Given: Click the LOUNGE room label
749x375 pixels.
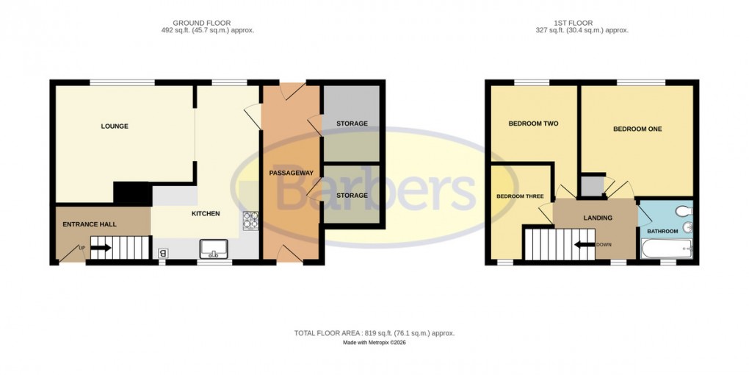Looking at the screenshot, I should coord(115,126).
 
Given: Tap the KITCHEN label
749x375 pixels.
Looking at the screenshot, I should coord(206,214).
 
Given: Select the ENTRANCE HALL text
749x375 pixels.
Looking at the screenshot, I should coord(89,224).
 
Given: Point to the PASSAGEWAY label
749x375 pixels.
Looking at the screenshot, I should coord(292,173).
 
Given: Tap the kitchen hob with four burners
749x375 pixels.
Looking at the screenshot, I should coord(251,220).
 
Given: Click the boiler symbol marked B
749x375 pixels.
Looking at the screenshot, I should coord(162,254).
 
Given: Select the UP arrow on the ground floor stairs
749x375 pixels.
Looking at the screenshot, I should coord(100,248).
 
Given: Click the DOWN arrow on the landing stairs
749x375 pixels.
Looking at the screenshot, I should coord(585,245).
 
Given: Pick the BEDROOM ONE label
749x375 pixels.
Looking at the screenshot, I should coord(637,129).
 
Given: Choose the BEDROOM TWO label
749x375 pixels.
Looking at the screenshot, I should coord(533,124).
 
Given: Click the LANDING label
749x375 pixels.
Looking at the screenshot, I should coord(598,218).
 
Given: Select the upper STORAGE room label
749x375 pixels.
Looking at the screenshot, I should coord(352,124).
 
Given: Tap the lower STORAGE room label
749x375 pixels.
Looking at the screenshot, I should coord(352,196).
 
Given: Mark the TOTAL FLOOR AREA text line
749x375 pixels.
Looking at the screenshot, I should coord(374,333).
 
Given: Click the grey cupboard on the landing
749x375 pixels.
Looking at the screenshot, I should coord(590,185).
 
